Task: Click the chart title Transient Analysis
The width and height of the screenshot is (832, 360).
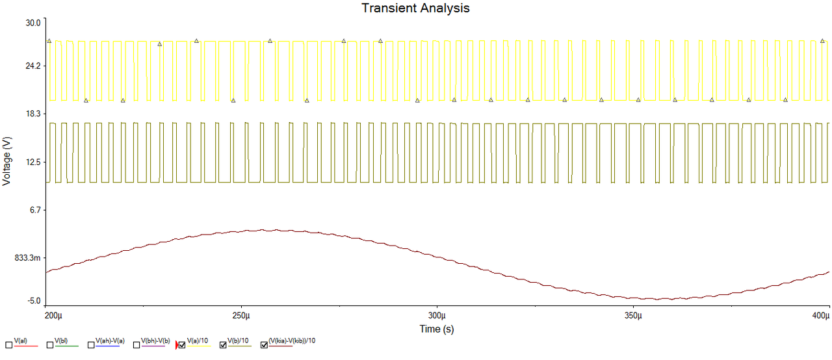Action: tap(415, 8)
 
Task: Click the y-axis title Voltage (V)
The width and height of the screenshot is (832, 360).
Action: tap(7, 161)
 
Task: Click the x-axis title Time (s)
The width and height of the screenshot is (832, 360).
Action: tap(437, 329)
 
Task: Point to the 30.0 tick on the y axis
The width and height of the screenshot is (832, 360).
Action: tap(32, 23)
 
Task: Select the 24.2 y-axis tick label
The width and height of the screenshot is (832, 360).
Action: tap(32, 66)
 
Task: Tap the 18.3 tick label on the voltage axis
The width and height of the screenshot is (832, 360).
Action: tap(32, 114)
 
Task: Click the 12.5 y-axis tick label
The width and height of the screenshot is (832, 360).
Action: tap(32, 162)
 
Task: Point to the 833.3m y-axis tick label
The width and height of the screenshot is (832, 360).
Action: tap(27, 258)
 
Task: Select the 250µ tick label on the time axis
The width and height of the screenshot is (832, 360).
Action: tap(242, 316)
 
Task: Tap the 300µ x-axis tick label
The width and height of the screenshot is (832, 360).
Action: tap(437, 316)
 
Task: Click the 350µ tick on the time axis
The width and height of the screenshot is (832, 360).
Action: tap(633, 316)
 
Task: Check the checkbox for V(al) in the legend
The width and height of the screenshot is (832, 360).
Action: tap(8, 345)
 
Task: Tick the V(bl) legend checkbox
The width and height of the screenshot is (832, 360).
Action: tap(50, 345)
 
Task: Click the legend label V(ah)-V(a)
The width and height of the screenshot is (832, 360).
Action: tap(110, 341)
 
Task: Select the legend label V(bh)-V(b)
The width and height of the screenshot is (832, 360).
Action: tap(155, 341)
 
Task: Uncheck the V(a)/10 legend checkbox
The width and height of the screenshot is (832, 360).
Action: tap(183, 345)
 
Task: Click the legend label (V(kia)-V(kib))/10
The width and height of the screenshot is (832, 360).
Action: tap(292, 341)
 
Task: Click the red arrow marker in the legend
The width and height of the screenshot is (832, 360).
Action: tap(176, 345)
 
